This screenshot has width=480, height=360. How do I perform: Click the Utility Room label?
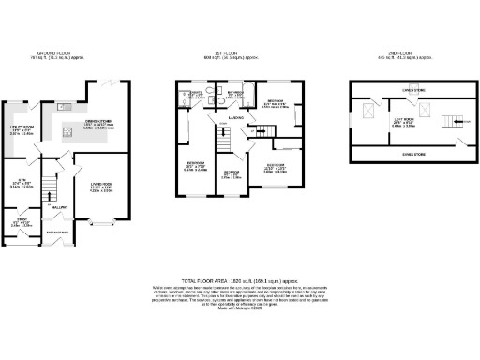[20, 129]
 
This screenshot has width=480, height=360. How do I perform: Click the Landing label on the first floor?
[251, 117]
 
